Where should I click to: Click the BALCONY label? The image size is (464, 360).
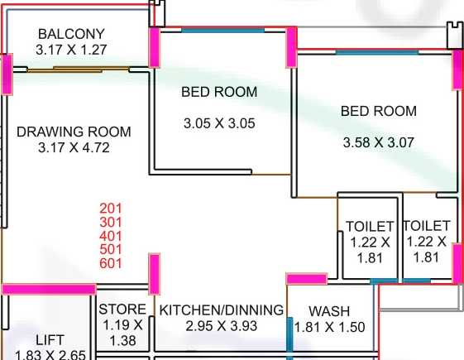[71, 34]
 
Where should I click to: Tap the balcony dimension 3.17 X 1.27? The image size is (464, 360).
[71, 50]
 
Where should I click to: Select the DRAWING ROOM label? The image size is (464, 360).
[74, 132]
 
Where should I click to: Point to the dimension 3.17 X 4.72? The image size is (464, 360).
[74, 147]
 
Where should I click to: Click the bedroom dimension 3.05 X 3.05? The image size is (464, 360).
[219, 123]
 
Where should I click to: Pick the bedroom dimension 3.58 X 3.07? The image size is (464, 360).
[379, 142]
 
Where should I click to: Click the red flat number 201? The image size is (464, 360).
[111, 209]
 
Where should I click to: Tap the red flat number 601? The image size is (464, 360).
[111, 263]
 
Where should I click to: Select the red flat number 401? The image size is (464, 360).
[111, 236]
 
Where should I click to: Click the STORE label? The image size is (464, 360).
[122, 310]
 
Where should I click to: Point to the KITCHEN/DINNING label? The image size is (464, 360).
[222, 310]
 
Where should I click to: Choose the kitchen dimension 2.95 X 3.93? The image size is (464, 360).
[222, 326]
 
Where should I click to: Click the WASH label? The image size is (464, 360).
[329, 311]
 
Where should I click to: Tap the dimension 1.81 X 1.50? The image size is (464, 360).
[329, 327]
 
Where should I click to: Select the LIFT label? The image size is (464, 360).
[50, 340]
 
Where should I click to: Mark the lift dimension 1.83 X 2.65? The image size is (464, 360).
[50, 355]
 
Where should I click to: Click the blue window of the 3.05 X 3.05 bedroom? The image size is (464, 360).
[222, 30]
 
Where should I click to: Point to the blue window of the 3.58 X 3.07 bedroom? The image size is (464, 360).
[377, 52]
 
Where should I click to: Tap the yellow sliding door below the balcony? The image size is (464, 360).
[79, 70]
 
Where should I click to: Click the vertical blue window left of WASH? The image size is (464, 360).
[289, 338]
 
